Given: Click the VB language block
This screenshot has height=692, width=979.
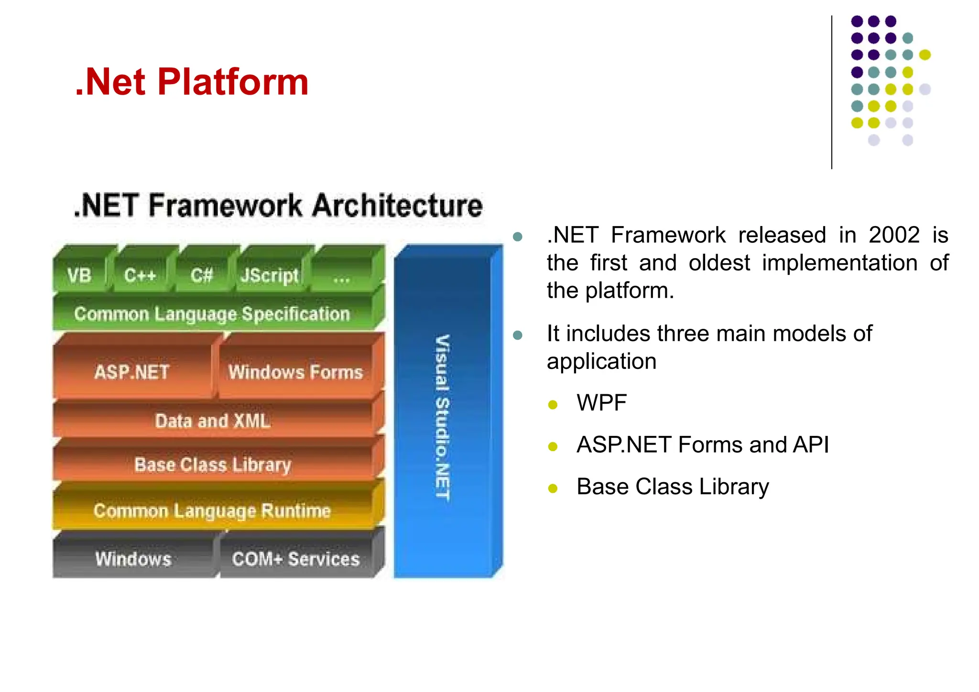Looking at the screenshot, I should tap(79, 275).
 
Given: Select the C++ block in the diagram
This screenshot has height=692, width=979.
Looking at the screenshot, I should tap(140, 275).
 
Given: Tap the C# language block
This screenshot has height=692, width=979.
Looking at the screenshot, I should tap(201, 275).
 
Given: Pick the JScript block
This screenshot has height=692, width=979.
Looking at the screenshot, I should tap(269, 275).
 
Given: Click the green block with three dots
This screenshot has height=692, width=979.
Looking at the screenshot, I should tap(342, 276).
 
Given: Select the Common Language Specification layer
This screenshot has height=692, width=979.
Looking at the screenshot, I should tap(212, 314).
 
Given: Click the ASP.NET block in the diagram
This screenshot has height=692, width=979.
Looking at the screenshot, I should tap(132, 372).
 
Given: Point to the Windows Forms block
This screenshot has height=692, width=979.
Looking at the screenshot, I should tap(296, 372).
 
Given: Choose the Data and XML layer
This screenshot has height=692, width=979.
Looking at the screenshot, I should tap(213, 421).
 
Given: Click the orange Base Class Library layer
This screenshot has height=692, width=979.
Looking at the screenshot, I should tap(213, 465).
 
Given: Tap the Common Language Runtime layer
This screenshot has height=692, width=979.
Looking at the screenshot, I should tap(212, 510).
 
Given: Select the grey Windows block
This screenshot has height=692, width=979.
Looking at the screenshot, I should tap(133, 558).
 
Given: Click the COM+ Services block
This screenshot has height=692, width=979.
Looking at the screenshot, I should tap(296, 558).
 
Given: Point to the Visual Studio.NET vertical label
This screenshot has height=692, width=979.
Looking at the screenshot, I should tap(442, 417).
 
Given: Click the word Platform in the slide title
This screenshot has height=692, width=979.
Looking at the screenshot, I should tap(233, 82).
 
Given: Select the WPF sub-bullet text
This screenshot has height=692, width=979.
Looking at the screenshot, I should tap(601, 403).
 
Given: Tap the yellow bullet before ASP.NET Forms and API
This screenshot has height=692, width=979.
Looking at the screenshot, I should tap(553, 447).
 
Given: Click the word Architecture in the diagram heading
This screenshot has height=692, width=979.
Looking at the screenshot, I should tap(397, 206).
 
